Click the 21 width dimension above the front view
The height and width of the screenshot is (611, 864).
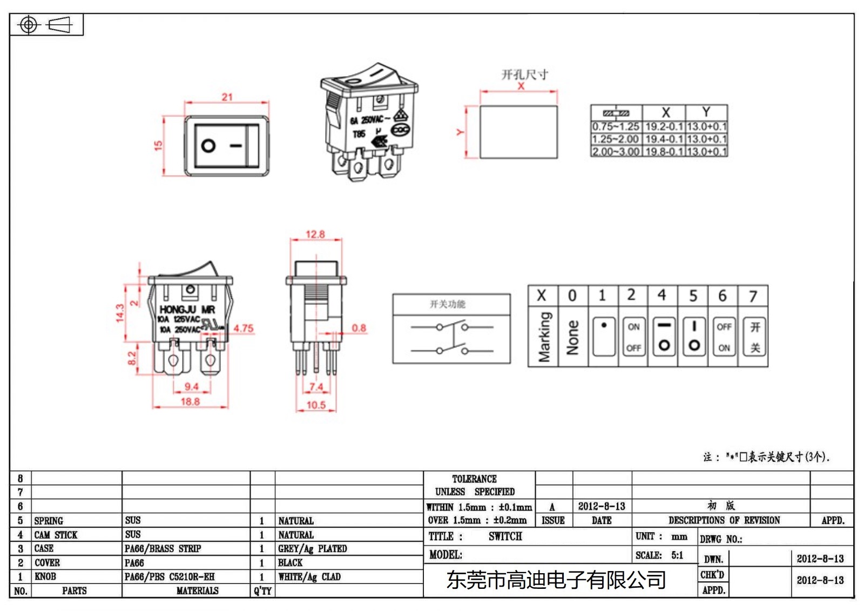pos(227,97)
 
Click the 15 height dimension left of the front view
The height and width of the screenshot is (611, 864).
pos(158,145)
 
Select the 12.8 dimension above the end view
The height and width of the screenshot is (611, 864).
pos(315,234)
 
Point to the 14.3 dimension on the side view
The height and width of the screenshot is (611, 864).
pos(120,312)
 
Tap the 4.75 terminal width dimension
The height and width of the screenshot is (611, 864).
pos(243,328)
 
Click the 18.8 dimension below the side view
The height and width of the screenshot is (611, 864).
pos(190,401)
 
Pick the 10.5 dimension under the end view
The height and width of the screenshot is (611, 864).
pos(316,405)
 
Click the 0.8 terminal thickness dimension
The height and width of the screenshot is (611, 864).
pos(359,327)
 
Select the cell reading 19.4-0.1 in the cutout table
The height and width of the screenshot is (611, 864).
pos(664,139)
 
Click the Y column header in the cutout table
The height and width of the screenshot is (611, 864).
pos(706,112)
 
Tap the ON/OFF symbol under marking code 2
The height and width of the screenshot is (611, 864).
pos(633,337)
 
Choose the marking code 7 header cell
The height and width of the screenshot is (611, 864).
pos(753,296)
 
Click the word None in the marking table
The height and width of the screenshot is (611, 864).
pos(572,337)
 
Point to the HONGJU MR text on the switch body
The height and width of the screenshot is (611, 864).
pos(187,309)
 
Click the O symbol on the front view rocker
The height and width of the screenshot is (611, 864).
pos(208,145)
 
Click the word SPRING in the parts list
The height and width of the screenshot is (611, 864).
pos(49,521)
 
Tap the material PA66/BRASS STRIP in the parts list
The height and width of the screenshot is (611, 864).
pos(163,549)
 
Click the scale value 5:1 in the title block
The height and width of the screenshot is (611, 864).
pos(677,555)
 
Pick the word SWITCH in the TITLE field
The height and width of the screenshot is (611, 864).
pos(505,536)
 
